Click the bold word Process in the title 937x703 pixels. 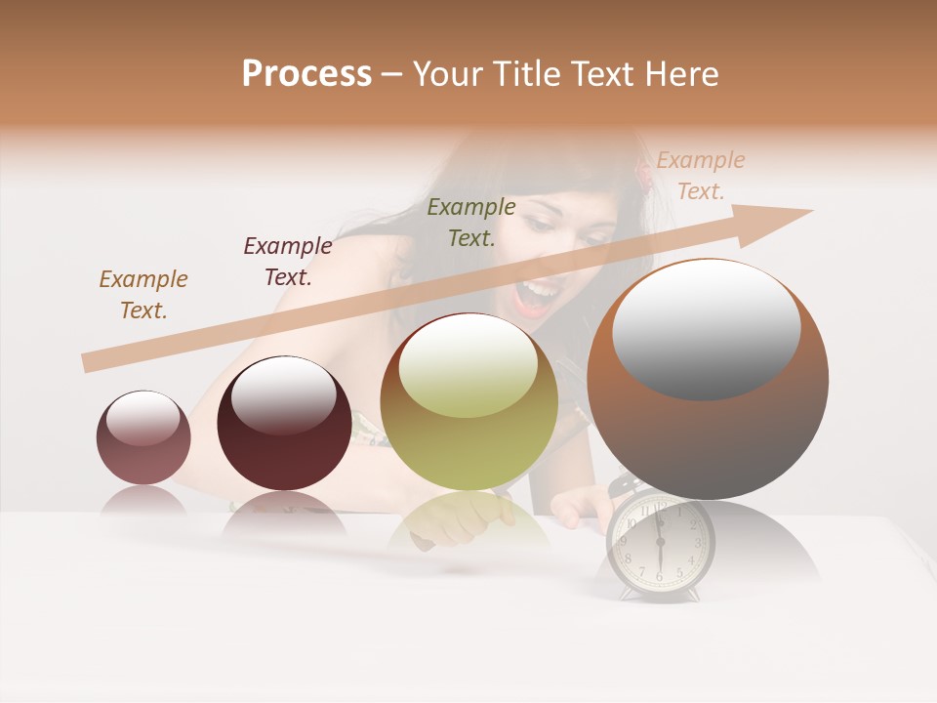click(x=306, y=74)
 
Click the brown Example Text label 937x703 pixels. click(x=143, y=295)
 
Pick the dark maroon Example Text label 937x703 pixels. click(x=288, y=262)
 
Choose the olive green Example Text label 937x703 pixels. click(x=471, y=223)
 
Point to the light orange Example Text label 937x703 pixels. click(x=700, y=176)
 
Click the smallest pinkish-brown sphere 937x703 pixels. click(x=143, y=438)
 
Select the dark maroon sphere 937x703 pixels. click(x=284, y=424)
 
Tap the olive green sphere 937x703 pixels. click(x=469, y=402)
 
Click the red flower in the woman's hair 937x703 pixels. click(x=643, y=173)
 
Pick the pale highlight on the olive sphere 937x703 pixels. click(x=468, y=363)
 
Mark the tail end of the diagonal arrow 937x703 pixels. click(x=88, y=363)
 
